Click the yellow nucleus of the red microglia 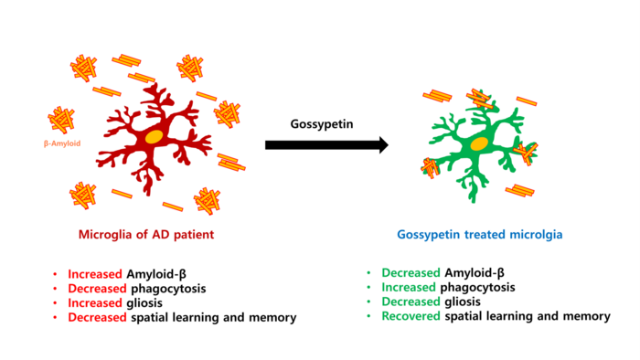point(154,136)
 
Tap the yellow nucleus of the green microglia point(479,144)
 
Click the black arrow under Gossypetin point(326,144)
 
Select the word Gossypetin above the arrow point(322,124)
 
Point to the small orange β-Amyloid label point(62,143)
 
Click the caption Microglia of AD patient point(146,235)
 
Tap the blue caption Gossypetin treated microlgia point(480,235)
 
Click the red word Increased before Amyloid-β point(95,274)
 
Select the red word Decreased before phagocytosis point(97,289)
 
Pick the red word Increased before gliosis point(95,303)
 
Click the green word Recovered point(411,316)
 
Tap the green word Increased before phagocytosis point(409,287)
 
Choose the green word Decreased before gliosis point(411,302)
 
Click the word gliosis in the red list point(144,303)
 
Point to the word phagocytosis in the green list point(477,288)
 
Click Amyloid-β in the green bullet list point(475,273)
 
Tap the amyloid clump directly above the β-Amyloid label point(61,121)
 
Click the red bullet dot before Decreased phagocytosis point(55,289)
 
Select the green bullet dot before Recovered point(369,316)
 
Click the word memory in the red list point(272,318)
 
